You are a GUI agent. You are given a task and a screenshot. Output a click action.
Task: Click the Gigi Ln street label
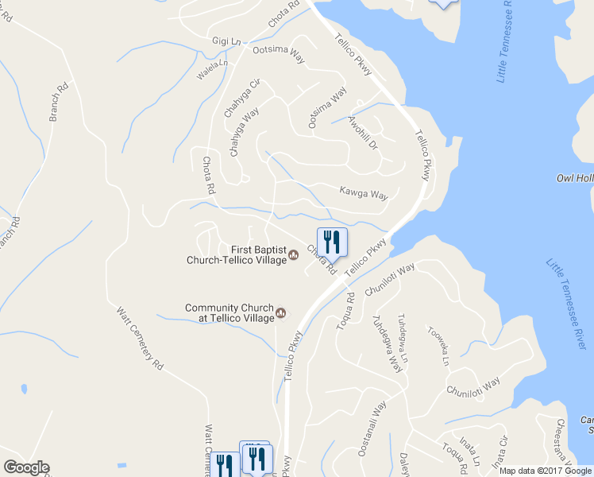[226, 41]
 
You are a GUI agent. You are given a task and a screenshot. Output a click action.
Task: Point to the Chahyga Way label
[245, 132]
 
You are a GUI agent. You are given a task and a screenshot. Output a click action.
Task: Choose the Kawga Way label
[363, 192]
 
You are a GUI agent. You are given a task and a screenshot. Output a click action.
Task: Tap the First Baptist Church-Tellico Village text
[236, 254]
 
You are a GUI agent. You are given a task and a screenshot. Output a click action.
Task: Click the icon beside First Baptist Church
[294, 254]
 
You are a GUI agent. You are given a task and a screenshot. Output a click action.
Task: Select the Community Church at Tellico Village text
[229, 312]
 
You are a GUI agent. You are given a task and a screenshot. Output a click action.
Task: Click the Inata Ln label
[472, 451]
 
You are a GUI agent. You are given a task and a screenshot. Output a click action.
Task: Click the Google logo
[26, 467]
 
